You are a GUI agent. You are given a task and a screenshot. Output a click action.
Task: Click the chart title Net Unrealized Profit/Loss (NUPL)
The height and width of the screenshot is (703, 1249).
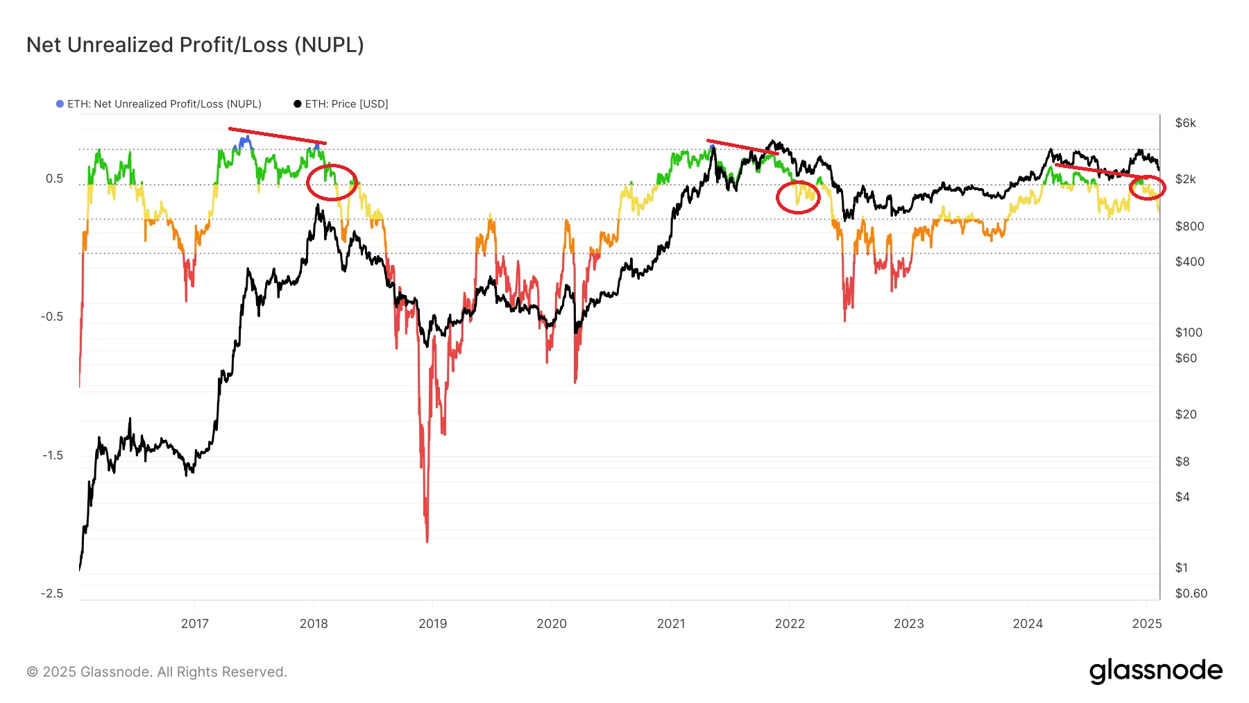pyautogui.click(x=195, y=44)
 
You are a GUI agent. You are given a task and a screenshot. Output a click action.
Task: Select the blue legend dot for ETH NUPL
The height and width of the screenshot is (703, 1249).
pyautogui.click(x=60, y=104)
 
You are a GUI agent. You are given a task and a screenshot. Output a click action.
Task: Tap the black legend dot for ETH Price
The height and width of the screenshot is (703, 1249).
pyautogui.click(x=298, y=104)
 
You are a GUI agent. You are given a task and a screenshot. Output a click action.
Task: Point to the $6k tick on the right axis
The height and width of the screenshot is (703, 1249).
pyautogui.click(x=1185, y=123)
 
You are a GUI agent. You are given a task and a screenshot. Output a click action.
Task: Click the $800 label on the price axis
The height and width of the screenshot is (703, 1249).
pyautogui.click(x=1189, y=226)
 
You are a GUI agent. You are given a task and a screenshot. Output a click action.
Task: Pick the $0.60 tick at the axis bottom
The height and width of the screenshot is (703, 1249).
pyautogui.click(x=1191, y=593)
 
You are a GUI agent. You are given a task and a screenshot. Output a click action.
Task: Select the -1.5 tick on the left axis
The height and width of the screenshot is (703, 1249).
pyautogui.click(x=52, y=455)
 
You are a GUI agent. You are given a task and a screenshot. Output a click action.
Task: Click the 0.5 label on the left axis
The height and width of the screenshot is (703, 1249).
pyautogui.click(x=54, y=178)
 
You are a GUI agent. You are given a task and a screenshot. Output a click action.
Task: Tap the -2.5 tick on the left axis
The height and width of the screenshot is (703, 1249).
pyautogui.click(x=52, y=593)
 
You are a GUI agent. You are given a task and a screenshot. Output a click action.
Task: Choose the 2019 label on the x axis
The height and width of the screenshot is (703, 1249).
pyautogui.click(x=433, y=623)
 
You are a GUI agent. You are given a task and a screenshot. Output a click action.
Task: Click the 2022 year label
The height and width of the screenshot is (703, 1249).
pyautogui.click(x=790, y=623)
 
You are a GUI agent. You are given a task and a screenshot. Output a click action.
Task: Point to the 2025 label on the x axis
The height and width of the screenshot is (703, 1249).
pyautogui.click(x=1146, y=623)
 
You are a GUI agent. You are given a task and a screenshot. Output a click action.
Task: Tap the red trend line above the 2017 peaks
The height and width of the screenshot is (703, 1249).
pyautogui.click(x=278, y=136)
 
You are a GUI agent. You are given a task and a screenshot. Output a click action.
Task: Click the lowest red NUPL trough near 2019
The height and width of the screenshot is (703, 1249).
pyautogui.click(x=427, y=540)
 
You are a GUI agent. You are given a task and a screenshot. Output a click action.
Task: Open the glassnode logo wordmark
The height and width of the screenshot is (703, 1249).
pyautogui.click(x=1155, y=671)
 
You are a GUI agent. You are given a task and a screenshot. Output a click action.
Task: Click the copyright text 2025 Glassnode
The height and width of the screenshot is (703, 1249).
pyautogui.click(x=157, y=672)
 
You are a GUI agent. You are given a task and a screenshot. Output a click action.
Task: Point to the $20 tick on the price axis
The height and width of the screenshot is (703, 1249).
pyautogui.click(x=1185, y=414)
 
